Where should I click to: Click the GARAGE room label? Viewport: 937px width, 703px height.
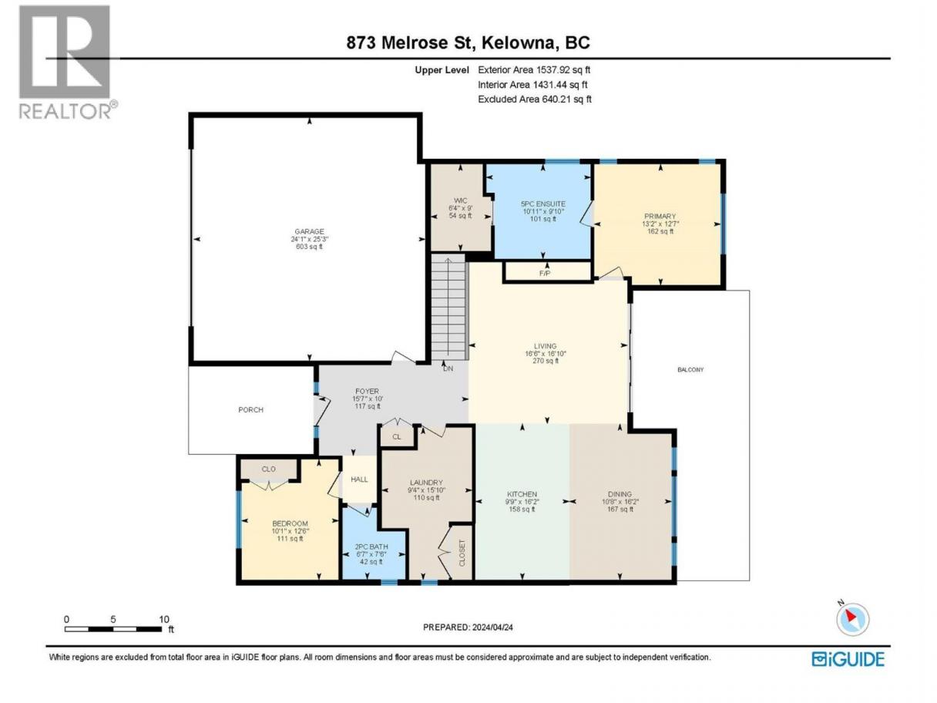coord(309,232)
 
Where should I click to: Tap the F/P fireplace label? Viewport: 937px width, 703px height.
coord(545,273)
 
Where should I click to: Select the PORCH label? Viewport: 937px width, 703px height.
coord(250,410)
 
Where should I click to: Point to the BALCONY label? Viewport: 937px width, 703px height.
coord(690,370)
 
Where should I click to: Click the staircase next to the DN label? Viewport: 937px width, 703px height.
coord(448,307)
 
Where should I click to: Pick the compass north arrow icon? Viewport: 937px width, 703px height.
coord(852,619)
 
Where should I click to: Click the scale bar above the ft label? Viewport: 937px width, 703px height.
coord(113,629)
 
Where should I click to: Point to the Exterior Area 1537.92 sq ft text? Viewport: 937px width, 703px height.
coord(534,70)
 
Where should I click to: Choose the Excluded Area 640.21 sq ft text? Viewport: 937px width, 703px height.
coord(535,99)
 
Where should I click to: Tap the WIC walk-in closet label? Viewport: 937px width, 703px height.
coord(461,200)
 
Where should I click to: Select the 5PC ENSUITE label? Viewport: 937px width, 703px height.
coord(543,204)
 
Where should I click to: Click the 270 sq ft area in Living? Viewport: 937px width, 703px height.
coord(545,361)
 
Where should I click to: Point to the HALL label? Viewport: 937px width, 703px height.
coord(359,479)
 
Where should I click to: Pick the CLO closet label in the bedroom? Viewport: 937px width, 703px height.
coord(268,469)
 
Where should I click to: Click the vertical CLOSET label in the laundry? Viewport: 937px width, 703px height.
coord(462,553)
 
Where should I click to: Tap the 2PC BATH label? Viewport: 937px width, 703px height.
coord(371,547)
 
